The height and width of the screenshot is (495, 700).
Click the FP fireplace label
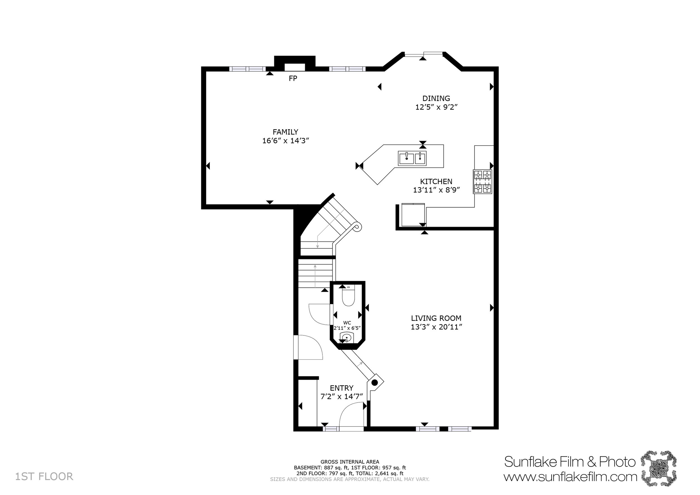point(293,79)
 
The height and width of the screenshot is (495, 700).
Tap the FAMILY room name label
point(285,132)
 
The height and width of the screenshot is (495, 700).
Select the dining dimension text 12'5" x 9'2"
point(436,107)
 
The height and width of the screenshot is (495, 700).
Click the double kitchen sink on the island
point(412,158)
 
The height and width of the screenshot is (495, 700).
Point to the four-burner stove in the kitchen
point(482,182)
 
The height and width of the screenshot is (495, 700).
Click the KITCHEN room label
point(436,181)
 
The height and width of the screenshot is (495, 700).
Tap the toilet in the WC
point(348,297)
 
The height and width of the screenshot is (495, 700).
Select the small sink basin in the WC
point(347,337)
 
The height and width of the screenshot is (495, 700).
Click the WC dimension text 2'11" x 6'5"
point(347,328)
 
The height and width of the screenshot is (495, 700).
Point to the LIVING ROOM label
point(436,318)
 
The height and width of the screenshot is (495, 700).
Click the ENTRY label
point(342,388)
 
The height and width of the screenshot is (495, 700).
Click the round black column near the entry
point(375,382)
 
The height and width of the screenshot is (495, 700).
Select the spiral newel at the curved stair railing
point(357,227)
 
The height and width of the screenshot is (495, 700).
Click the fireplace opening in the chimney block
point(295,67)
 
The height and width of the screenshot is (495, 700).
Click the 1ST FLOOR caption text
point(44,477)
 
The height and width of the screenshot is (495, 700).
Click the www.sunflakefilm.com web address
point(570,477)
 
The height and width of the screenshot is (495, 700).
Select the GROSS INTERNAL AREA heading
point(350,462)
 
